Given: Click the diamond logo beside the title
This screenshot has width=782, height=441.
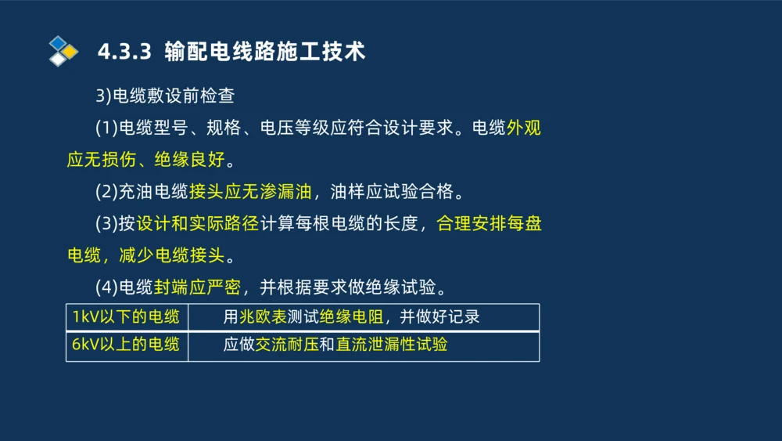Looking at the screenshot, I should point(63,51).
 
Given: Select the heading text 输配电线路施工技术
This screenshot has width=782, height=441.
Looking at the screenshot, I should point(265,52).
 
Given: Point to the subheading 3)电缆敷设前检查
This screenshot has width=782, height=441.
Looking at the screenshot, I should point(165,96).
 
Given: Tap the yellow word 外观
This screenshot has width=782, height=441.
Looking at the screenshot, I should point(524,128).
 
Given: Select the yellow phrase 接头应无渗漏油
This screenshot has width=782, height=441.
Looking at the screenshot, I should point(250,192).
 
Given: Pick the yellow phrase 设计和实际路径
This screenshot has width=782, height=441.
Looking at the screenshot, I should point(198,224).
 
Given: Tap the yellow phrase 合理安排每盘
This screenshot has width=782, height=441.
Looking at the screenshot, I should point(490,224).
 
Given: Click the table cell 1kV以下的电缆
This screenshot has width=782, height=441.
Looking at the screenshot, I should point(126,316).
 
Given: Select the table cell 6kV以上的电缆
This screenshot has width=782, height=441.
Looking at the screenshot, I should point(126,344).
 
